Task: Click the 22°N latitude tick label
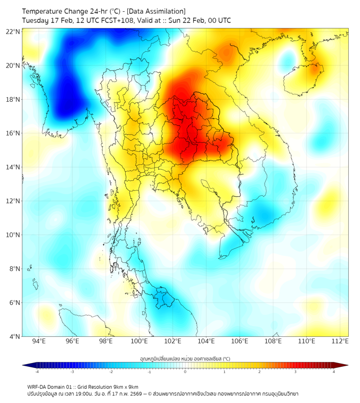click(x=13, y=32)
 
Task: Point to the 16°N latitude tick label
click(x=13, y=133)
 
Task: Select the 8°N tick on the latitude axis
click(x=15, y=269)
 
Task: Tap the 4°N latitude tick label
click(x=15, y=336)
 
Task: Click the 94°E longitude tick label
click(x=39, y=341)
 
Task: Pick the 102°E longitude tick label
click(x=173, y=341)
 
